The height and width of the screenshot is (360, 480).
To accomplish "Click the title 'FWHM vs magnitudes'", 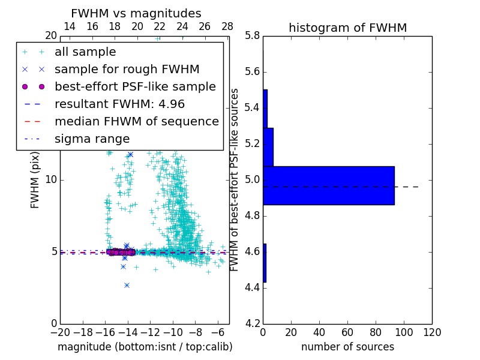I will point(136,14).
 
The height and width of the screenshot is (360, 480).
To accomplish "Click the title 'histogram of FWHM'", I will point(347,28).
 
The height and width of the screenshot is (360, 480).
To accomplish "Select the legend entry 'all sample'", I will point(85,52).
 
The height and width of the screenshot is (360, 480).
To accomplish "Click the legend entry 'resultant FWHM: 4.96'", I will point(119,104).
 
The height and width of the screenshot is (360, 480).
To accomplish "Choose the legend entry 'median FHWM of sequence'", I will point(136,121).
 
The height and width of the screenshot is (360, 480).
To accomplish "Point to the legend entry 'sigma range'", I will point(92,139).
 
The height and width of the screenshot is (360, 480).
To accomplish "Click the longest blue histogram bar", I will point(328,185).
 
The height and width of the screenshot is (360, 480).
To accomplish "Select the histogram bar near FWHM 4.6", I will point(265,263).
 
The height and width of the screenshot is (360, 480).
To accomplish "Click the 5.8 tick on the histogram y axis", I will point(252,35).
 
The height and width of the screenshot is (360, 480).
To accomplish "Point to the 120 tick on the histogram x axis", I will point(432,332).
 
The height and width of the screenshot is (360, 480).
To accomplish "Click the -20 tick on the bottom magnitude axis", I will point(60,332).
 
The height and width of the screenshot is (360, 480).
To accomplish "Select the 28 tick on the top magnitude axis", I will point(227,26).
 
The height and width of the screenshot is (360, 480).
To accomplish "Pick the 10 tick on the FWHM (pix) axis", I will point(51,179).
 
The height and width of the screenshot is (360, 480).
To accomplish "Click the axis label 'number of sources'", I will point(347,347).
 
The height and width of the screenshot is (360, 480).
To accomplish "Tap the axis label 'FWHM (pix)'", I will point(35,179).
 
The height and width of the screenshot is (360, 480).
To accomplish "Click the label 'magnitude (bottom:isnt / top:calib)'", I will point(145,347).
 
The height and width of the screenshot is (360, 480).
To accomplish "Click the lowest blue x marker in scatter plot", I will point(127,285).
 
